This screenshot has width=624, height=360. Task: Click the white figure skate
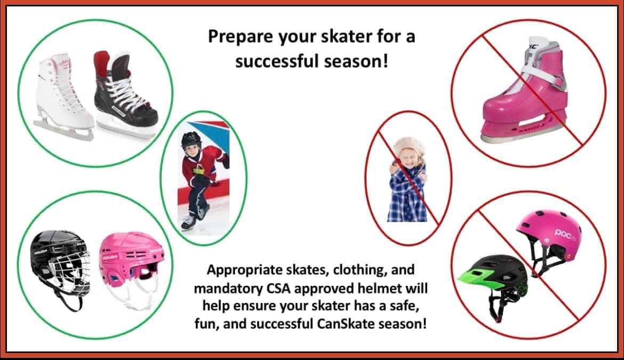click(x=63, y=95)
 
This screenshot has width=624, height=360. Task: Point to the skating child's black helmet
click(x=191, y=140)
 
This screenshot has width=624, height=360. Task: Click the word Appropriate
click(x=244, y=270)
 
